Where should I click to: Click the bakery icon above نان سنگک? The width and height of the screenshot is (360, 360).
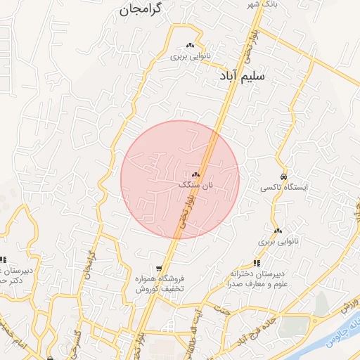pyautogui.click(x=195, y=174)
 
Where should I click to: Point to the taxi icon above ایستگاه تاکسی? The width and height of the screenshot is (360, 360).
pyautogui.click(x=283, y=176)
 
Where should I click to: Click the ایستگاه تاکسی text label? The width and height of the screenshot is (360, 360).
pyautogui.click(x=283, y=188)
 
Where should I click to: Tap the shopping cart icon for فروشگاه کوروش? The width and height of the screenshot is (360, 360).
pyautogui.click(x=160, y=268)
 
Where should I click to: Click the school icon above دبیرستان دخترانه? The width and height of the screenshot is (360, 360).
pyautogui.click(x=256, y=263)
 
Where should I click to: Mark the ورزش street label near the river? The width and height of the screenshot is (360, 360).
pyautogui.click(x=346, y=307)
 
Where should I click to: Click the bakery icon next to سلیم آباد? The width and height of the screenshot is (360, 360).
pyautogui.click(x=190, y=46)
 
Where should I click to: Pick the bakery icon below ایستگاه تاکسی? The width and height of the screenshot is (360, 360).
pyautogui.click(x=278, y=231)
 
